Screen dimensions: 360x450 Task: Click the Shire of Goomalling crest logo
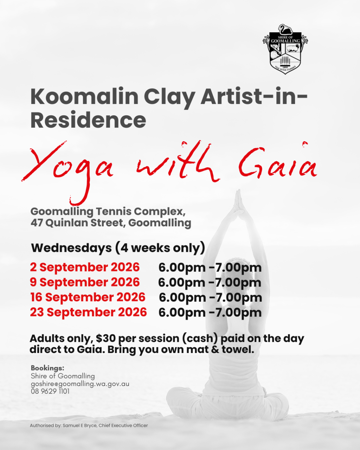point(285,49)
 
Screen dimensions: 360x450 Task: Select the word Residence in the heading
point(88,121)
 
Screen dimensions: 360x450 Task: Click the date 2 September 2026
point(85,267)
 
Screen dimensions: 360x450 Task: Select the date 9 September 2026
point(85,282)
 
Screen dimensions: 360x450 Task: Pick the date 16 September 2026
point(88,297)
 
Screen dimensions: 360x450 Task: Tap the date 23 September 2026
point(88,312)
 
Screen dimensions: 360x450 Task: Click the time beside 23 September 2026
point(210,313)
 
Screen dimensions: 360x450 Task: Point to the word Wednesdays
point(71,248)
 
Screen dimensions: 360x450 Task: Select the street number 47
point(37,223)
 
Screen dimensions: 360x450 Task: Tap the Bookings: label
point(47,368)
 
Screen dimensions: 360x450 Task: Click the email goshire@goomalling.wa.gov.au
point(80,384)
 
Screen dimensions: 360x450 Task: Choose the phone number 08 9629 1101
point(50,391)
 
